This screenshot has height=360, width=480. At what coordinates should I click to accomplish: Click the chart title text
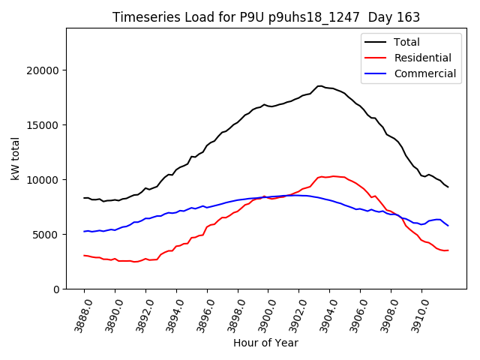click(x=265, y=17)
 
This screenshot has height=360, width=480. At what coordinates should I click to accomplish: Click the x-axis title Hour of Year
click(x=265, y=343)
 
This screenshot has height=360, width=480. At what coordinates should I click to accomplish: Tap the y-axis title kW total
click(x=15, y=158)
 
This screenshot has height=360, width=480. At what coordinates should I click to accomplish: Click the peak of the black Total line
click(x=319, y=85)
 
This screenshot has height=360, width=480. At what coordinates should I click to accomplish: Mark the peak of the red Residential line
click(x=334, y=176)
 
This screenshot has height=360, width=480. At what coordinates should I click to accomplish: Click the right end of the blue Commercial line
click(x=448, y=226)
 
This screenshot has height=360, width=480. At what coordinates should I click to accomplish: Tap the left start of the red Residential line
click(x=84, y=256)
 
